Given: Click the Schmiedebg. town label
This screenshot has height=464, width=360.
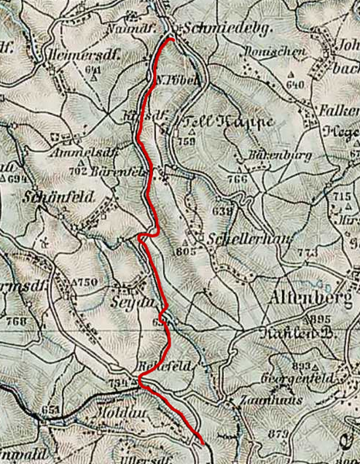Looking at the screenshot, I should [x=212, y=27].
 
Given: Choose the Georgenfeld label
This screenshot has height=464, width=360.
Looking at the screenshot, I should [x=301, y=379].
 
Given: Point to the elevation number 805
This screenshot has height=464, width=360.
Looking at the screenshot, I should [x=183, y=251].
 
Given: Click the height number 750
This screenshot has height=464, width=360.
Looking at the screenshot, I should [x=87, y=283].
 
